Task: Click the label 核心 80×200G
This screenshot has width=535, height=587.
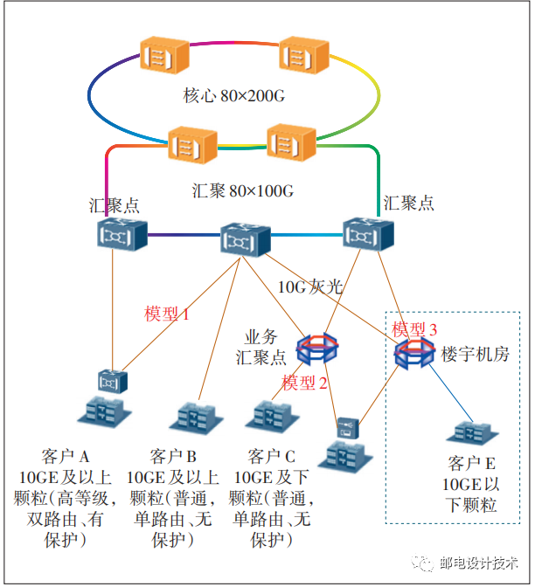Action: [x=233, y=93]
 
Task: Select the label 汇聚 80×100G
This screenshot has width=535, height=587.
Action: [x=241, y=190]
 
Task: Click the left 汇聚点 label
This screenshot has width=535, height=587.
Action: [x=114, y=205]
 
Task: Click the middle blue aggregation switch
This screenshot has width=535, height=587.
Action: [x=245, y=238]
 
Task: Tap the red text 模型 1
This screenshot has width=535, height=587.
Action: [x=167, y=314]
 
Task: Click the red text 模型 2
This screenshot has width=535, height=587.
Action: [x=305, y=383]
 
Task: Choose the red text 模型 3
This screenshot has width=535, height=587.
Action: [x=413, y=329]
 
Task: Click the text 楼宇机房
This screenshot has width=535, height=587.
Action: [x=476, y=355]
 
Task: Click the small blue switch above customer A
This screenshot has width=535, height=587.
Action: [x=111, y=380]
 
